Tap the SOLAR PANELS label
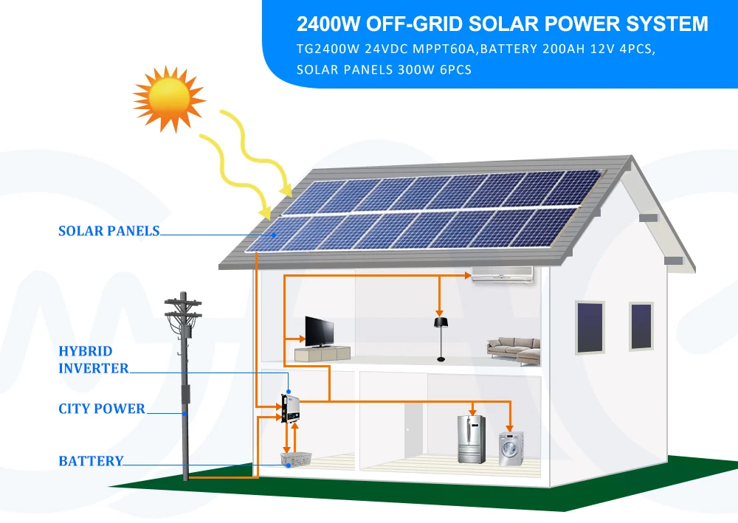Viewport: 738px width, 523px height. coord(108,231)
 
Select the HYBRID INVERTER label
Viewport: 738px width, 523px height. coord(93,359)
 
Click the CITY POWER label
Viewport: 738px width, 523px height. coord(102,409)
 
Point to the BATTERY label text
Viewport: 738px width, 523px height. coord(91,461)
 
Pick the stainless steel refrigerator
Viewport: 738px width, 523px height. coord(470,440)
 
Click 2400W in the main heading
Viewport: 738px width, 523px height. coord(328,24)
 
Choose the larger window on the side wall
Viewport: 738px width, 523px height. coord(589,328)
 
